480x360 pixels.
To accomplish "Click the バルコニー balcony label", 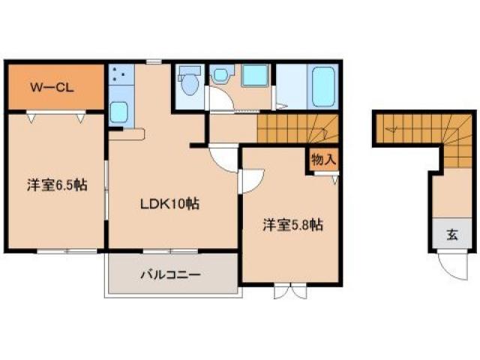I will [170, 274].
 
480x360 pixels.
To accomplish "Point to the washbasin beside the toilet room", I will [221, 76].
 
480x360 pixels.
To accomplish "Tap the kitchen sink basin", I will [119, 112].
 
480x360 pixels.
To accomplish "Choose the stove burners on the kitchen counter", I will [119, 75].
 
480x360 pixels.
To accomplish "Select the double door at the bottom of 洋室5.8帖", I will [289, 289].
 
